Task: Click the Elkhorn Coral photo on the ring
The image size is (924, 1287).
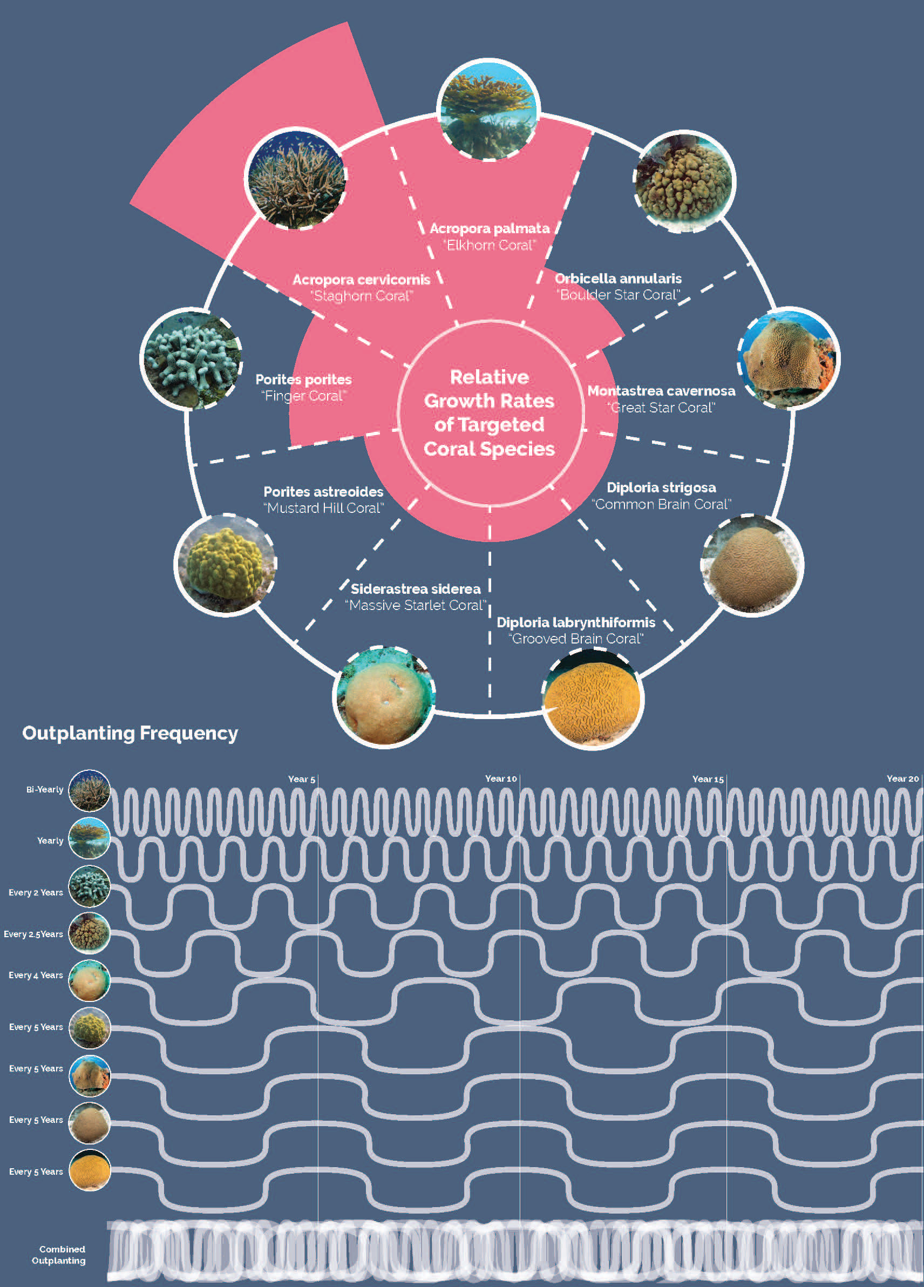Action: (488, 110)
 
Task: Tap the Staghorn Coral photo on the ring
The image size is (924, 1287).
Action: (296, 178)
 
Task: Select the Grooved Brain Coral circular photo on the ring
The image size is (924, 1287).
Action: (593, 699)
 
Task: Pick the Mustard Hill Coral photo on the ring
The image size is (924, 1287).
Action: (225, 564)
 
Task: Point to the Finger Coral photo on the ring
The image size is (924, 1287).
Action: (191, 359)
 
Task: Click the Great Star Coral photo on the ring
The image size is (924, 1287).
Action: (789, 358)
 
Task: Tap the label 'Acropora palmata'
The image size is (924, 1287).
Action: (489, 228)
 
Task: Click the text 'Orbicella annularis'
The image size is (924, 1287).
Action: (617, 279)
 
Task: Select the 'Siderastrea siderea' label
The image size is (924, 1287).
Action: (415, 589)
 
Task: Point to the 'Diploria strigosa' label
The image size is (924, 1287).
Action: (661, 487)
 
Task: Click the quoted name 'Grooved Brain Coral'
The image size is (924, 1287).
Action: (577, 639)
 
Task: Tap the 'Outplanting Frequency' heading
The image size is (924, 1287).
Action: (130, 733)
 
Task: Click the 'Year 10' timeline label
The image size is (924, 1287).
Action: (500, 778)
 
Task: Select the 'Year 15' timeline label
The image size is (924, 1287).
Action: (708, 779)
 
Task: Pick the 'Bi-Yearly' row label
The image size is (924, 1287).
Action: (44, 789)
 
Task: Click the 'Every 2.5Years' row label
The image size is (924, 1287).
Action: (33, 934)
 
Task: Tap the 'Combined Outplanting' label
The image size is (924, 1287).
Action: (59, 1255)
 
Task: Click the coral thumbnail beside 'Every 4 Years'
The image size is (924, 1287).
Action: (89, 980)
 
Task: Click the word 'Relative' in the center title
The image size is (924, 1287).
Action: (489, 377)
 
